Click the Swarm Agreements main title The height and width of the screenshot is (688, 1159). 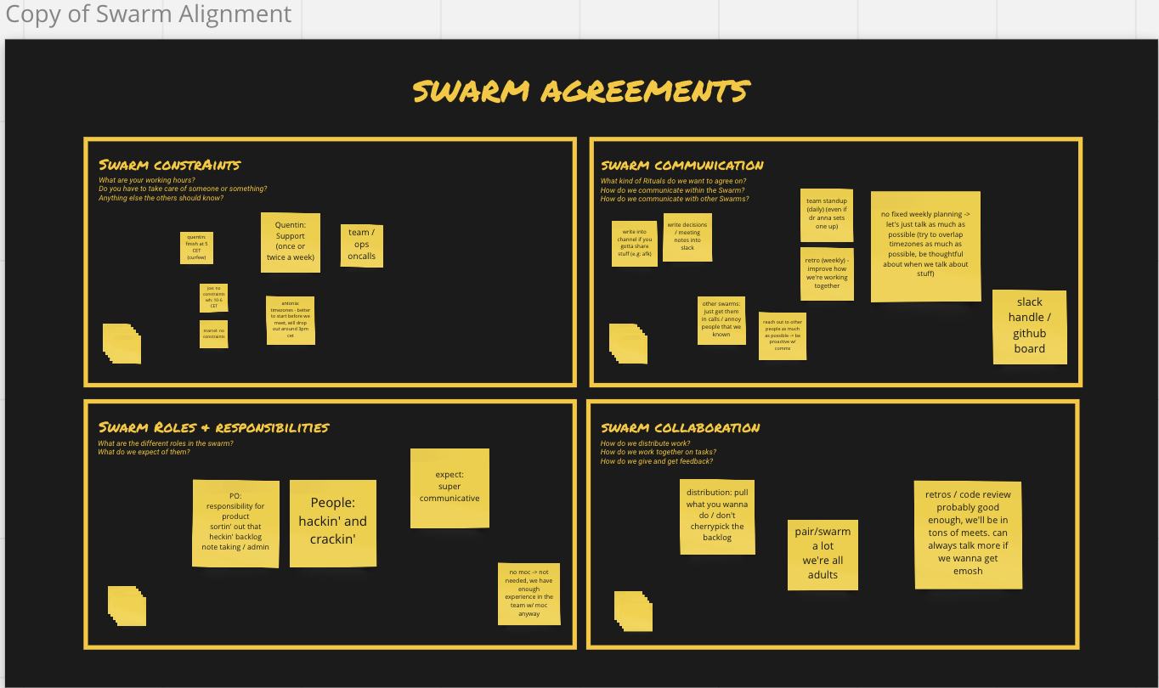(581, 91)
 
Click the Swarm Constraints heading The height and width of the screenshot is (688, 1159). (170, 165)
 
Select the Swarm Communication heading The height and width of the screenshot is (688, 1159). (681, 165)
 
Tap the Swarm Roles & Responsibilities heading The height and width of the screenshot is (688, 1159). (213, 427)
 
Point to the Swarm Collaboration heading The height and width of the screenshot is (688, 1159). (680, 427)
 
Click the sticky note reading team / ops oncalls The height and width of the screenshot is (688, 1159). (361, 245)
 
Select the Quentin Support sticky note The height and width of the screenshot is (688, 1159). (291, 242)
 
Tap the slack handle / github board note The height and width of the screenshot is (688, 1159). (1029, 326)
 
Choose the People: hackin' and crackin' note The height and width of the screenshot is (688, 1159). (332, 523)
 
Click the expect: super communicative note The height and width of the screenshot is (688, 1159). (449, 488)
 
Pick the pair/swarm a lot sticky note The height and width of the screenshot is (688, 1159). (822, 554)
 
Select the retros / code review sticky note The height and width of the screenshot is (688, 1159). (968, 534)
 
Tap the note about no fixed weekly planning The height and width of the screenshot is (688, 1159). (925, 246)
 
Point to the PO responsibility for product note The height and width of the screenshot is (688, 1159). (235, 522)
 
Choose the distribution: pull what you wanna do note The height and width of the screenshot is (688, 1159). (717, 516)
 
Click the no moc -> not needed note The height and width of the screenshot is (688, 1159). (529, 594)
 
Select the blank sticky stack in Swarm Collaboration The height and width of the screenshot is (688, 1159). (633, 612)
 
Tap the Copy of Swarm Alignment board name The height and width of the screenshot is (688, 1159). (149, 14)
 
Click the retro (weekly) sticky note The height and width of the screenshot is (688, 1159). (827, 274)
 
